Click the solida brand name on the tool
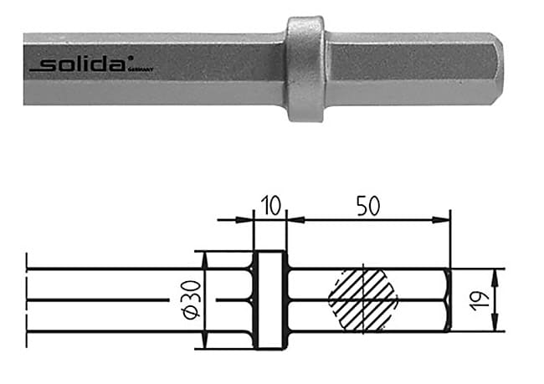point(88,64)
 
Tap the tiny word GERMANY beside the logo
point(144,69)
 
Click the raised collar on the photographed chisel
point(305,69)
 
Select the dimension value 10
point(269,205)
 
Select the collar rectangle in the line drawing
point(269,300)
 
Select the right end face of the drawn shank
point(450,300)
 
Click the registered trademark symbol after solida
point(130,60)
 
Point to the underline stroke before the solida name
point(38,69)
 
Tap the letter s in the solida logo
point(53,65)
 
